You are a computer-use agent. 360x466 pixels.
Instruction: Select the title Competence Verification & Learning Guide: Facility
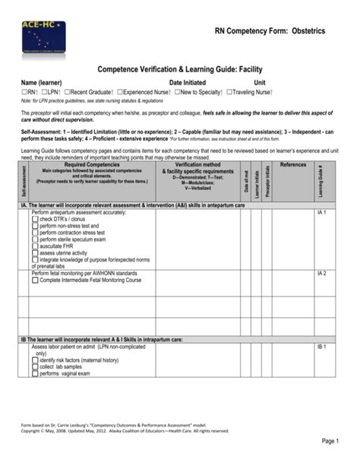pos(179,68)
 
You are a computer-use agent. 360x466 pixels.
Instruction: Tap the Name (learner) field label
pos(41,82)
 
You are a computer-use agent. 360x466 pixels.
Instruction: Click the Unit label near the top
pos(260,82)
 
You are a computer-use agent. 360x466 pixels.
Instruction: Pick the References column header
pos(292,165)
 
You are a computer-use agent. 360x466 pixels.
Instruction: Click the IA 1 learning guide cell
pos(321,213)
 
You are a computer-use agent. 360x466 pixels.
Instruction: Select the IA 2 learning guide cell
pos(321,273)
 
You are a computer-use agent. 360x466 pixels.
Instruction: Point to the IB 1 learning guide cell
pos(321,347)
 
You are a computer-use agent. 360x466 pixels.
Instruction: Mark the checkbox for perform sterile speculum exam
pos(35,239)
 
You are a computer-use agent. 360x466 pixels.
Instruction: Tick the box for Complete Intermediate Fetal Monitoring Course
pos(35,281)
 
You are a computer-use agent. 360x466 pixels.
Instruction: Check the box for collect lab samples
pos(35,367)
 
